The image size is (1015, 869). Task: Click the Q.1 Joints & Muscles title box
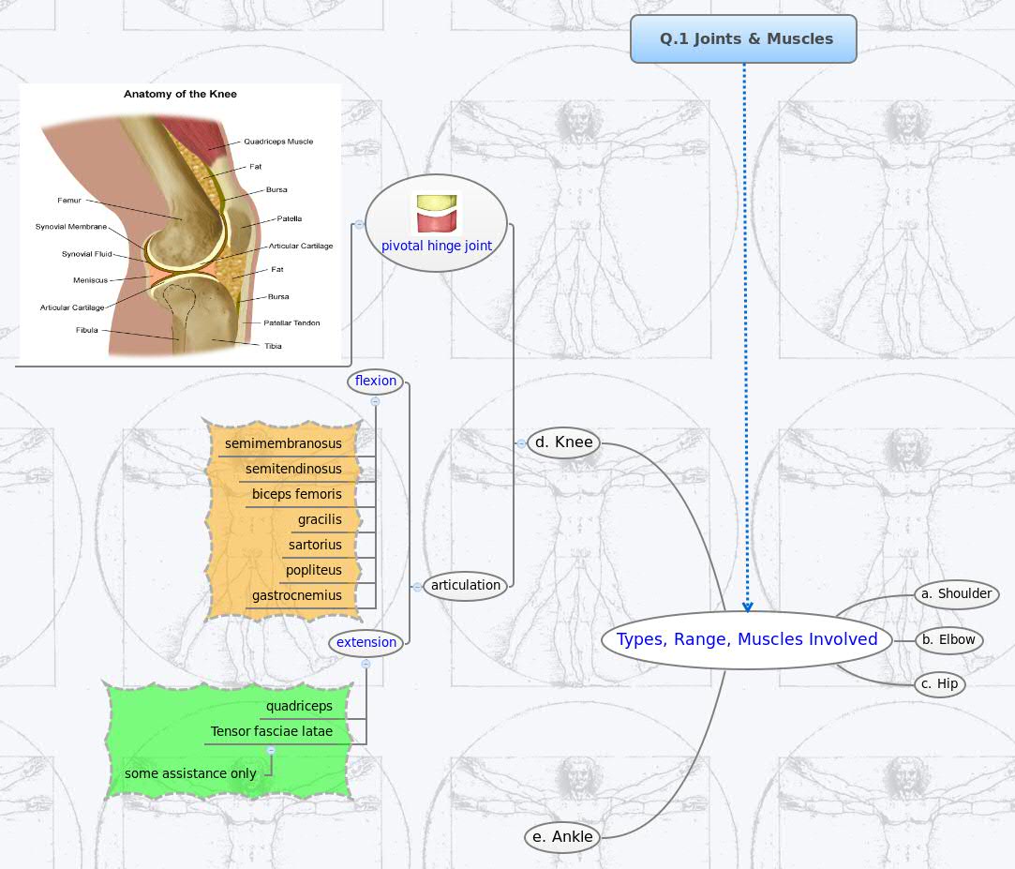click(743, 39)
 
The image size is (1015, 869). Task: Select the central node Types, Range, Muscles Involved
click(746, 639)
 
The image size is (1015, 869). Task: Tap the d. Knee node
click(563, 442)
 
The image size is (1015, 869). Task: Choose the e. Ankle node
click(561, 837)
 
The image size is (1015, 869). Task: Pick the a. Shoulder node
click(956, 593)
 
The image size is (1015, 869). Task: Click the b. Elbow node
click(948, 639)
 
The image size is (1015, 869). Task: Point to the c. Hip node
click(939, 683)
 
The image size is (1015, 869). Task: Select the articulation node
click(466, 586)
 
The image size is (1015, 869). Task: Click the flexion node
click(376, 381)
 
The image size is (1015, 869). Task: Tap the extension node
click(366, 642)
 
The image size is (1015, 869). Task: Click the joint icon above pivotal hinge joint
click(437, 213)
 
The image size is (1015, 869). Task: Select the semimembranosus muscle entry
click(283, 443)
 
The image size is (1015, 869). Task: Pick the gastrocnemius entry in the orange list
click(297, 595)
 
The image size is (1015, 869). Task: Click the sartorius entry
click(315, 545)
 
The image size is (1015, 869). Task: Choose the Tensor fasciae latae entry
click(272, 731)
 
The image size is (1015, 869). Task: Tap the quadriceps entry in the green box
click(299, 706)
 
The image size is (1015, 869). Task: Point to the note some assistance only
click(190, 773)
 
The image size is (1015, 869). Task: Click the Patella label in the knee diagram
click(289, 218)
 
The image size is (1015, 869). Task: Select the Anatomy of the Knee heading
click(180, 94)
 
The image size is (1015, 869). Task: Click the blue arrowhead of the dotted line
click(747, 607)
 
